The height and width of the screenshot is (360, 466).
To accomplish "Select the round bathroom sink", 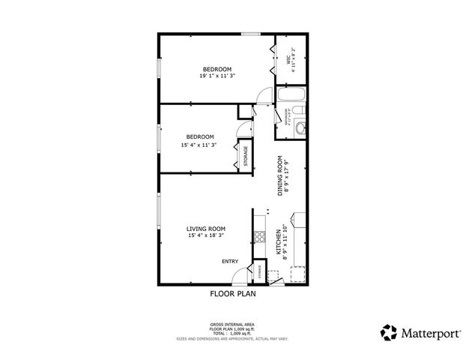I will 300,128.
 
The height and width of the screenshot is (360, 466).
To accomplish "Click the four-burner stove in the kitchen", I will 261,237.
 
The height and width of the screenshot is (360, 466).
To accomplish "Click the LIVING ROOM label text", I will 206,229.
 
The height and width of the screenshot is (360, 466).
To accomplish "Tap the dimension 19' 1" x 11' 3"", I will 217,76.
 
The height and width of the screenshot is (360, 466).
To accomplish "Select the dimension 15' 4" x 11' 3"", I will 198,145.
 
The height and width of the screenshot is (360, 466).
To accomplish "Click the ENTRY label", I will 229,261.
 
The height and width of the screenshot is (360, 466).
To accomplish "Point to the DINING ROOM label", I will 280,175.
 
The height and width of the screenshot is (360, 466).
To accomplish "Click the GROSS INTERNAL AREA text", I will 232,325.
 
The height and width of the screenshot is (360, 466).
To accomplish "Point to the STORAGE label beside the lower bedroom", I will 245,156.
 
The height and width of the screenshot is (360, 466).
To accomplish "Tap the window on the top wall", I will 250,32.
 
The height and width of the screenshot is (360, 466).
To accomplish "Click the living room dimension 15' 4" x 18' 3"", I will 206,235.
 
